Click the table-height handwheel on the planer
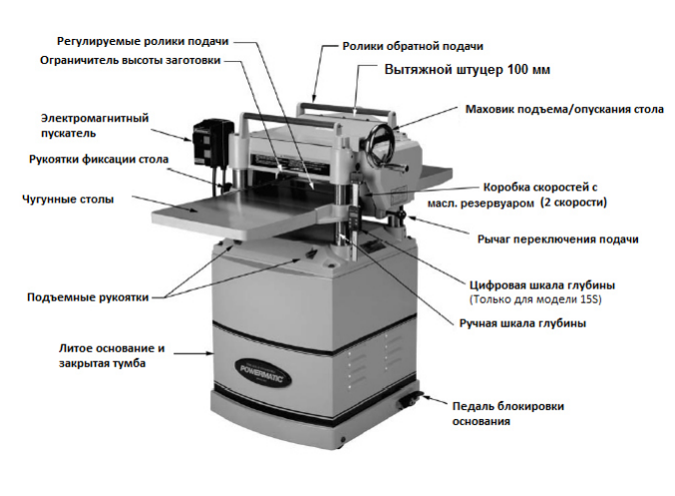pos(382,145)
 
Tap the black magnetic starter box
pos(212,141)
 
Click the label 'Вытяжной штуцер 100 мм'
pos(467,70)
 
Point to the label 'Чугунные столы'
pos(68,200)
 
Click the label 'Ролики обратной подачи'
pos(413,46)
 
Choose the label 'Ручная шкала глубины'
pos(522,323)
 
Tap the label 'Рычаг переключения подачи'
pos(558,240)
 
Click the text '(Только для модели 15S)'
pos(535,299)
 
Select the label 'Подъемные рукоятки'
pos(88,297)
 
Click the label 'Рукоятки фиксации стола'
pos(99,160)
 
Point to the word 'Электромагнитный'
pos(95,118)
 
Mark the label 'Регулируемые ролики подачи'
pos(143,41)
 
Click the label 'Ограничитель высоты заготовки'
pos(131,60)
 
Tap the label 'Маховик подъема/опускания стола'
pos(564,109)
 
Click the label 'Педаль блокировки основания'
pos(507,414)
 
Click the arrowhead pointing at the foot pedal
pos(425,397)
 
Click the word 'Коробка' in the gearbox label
pos(506,188)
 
